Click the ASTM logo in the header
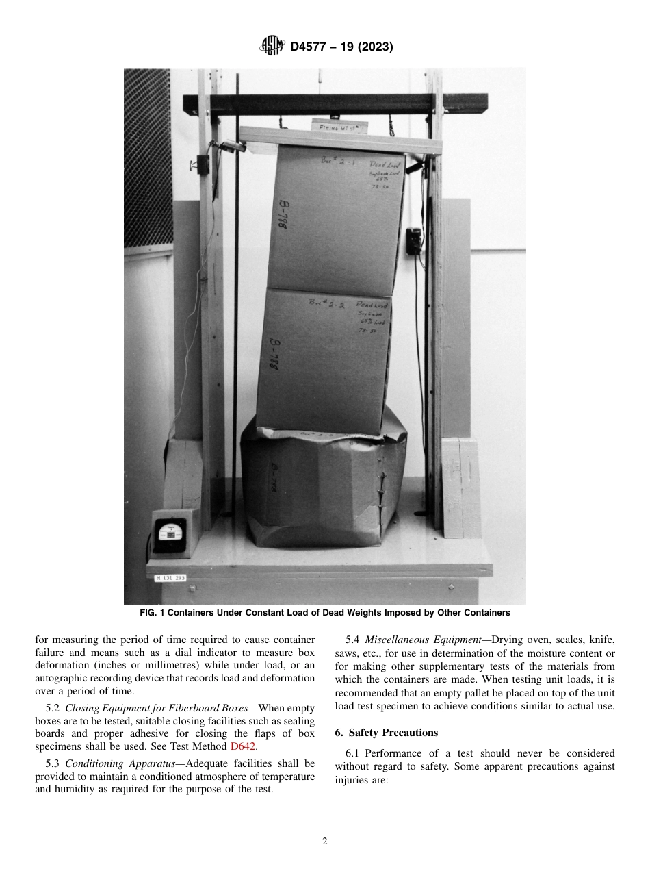(x=272, y=47)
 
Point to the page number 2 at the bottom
(x=325, y=842)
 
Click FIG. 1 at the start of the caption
(x=153, y=612)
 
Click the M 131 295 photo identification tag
(x=170, y=578)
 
